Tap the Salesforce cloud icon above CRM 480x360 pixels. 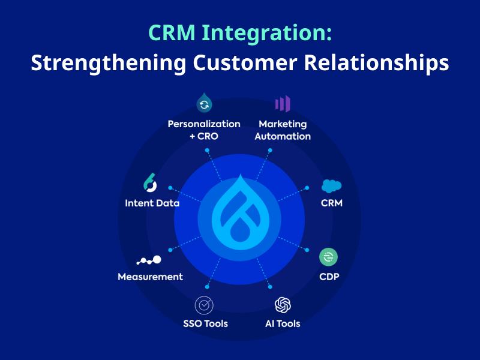(331, 186)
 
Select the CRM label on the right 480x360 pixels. (331, 203)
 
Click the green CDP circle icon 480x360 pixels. (328, 257)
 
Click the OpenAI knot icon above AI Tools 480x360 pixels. (283, 305)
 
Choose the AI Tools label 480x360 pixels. (283, 323)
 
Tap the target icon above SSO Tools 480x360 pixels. (205, 305)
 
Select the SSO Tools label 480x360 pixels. (205, 323)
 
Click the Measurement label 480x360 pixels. (150, 277)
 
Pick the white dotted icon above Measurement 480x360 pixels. (149, 260)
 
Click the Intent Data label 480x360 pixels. (152, 203)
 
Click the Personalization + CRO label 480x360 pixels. (204, 130)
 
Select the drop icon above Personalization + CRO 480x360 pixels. (204, 104)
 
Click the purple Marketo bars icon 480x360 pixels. (283, 104)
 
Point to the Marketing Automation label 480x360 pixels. (283, 130)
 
